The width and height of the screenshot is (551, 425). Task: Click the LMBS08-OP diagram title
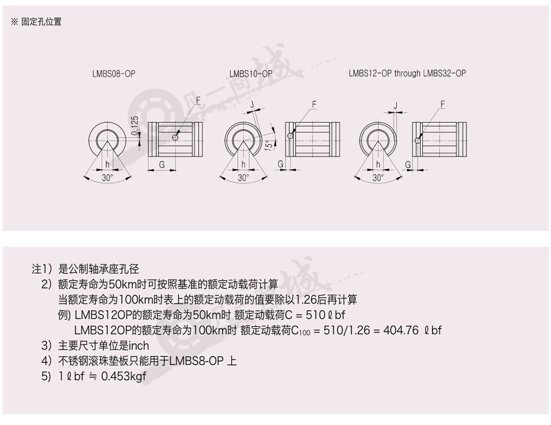[x=114, y=74]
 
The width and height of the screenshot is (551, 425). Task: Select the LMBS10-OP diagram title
[x=251, y=74]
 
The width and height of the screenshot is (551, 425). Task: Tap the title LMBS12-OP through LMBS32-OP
[x=407, y=73]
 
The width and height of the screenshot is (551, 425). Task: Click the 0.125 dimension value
[x=134, y=125]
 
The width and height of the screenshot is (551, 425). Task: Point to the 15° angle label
[x=268, y=145]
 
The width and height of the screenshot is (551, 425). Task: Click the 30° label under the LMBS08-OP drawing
[x=107, y=178]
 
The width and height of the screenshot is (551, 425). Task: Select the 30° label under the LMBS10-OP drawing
[x=243, y=178]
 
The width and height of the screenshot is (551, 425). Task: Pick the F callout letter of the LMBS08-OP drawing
[x=198, y=100]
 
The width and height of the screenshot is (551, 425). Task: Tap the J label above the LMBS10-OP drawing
[x=252, y=104]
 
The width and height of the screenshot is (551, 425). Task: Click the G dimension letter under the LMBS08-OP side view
[x=162, y=164]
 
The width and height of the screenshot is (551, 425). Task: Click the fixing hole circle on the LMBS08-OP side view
[x=175, y=137]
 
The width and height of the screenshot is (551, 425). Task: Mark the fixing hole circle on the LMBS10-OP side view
[x=290, y=136]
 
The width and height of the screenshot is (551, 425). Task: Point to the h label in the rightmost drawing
[x=378, y=164]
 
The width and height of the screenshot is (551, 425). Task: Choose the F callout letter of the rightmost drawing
[x=443, y=104]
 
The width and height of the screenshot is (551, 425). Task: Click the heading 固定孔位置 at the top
[x=41, y=22]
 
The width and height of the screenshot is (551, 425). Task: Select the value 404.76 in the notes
[x=401, y=330]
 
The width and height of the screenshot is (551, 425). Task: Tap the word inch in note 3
[x=139, y=345]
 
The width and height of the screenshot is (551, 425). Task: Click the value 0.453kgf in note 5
[x=124, y=376]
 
